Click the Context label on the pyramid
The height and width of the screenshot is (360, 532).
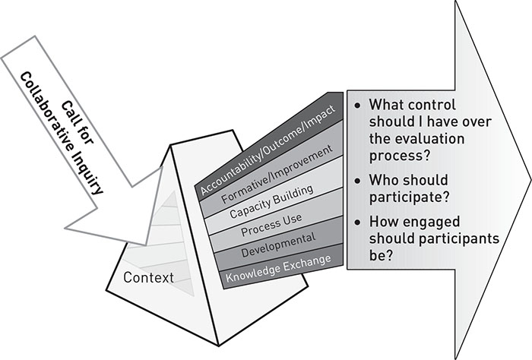149,278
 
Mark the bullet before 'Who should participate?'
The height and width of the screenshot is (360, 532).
357,181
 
